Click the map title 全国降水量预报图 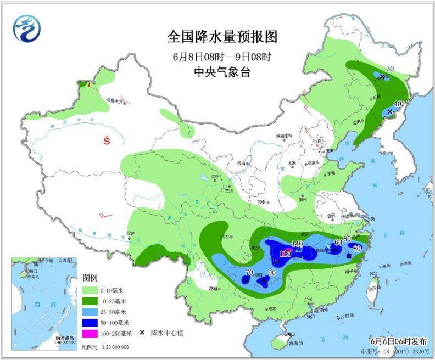click(x=222, y=37)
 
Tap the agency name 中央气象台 click(x=222, y=71)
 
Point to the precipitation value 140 click(x=297, y=244)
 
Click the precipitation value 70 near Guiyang click(x=249, y=273)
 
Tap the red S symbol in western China click(x=107, y=141)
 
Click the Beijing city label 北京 click(x=316, y=141)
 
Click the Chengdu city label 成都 click(x=225, y=237)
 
